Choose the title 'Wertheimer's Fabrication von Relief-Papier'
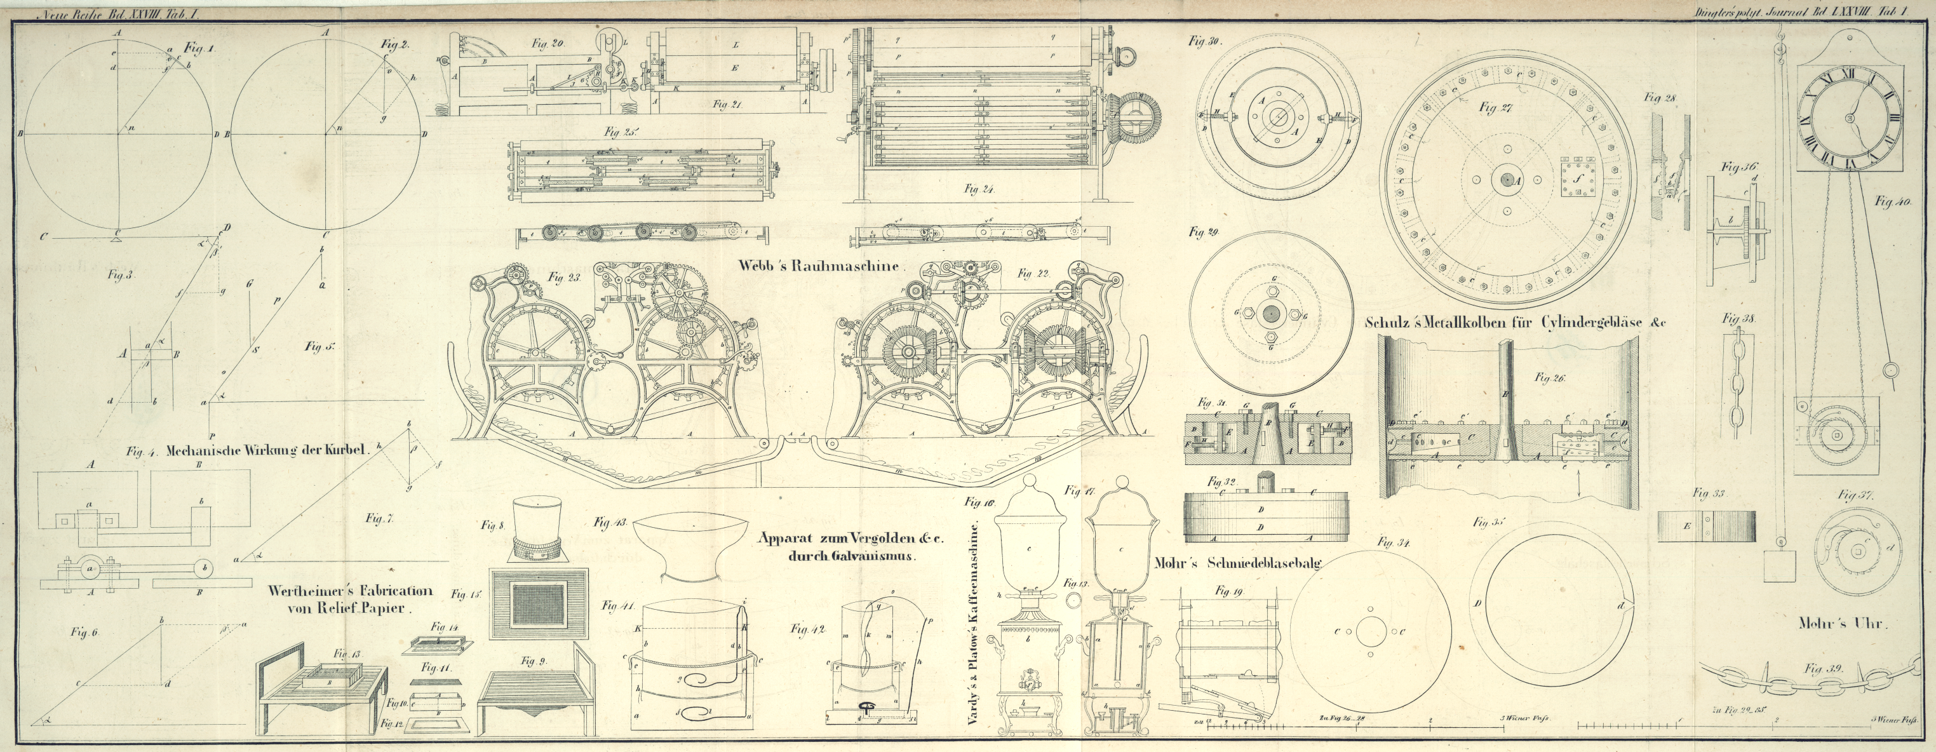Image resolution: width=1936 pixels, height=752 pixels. coord(350,600)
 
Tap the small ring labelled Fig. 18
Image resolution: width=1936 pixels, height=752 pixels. coord(1073,597)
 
